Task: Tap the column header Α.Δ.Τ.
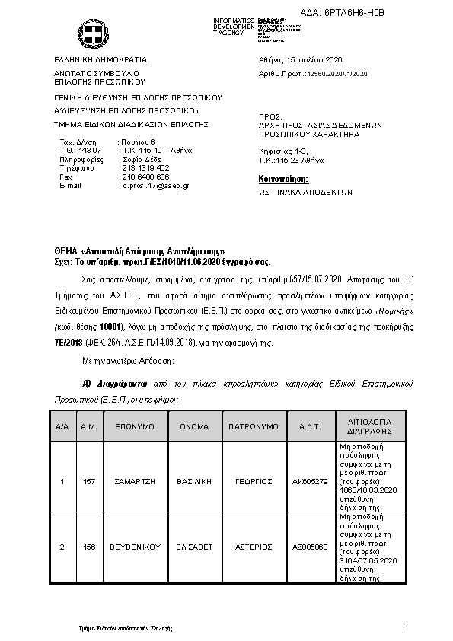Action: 310,427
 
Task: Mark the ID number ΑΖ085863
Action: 310,547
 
